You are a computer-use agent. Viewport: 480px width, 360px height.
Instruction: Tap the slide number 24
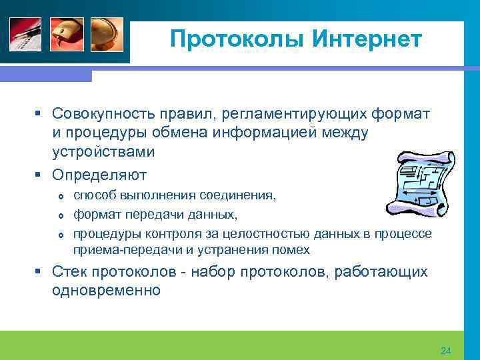click(446, 351)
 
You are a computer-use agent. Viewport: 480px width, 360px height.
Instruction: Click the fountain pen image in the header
click(25, 35)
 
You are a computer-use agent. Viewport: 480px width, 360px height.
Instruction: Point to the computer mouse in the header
click(67, 35)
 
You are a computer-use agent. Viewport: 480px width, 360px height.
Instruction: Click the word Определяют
click(99, 175)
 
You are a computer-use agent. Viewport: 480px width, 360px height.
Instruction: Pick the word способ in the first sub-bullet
click(93, 195)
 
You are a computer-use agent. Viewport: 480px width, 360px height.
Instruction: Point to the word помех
click(293, 250)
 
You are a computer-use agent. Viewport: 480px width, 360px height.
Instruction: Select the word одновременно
click(107, 291)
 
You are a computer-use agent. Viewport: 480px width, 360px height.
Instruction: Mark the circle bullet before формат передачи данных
click(61, 215)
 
